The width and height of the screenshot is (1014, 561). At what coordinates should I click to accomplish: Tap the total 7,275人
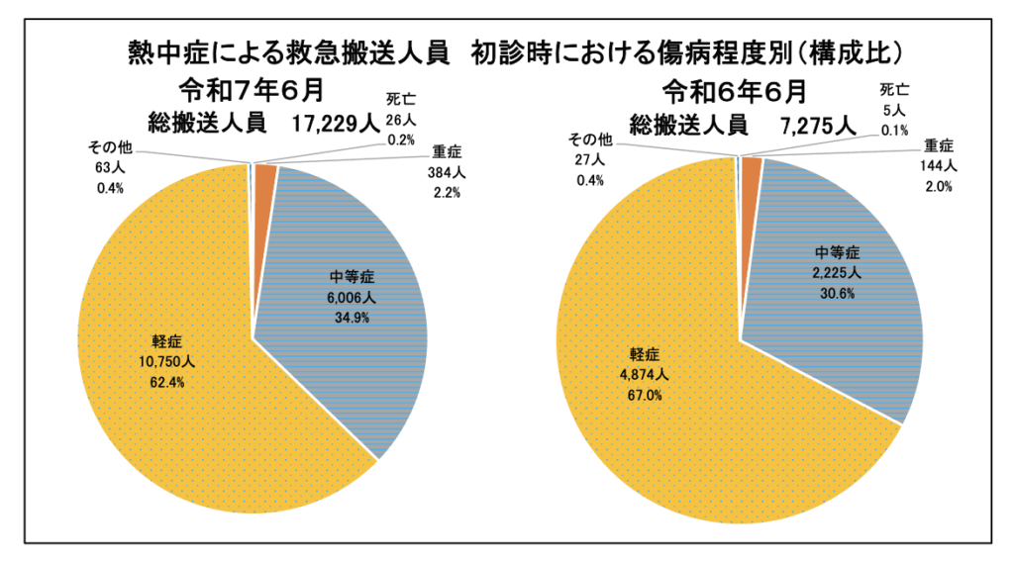(x=817, y=124)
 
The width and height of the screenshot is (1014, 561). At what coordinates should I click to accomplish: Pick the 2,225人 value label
(x=834, y=274)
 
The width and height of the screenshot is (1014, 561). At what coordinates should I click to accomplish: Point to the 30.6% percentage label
(x=834, y=293)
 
